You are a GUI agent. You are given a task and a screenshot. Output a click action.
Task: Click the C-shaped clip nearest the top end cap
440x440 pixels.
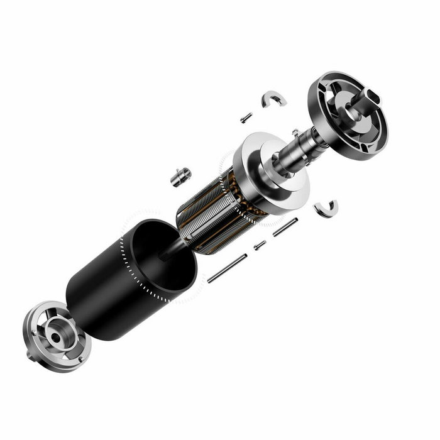tap(275, 98)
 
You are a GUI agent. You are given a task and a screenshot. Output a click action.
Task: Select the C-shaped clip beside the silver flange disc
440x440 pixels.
tap(326, 208)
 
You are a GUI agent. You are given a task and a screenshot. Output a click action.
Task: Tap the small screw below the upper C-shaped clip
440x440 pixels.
tap(246, 118)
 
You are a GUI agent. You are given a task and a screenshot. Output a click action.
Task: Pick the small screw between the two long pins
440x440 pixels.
tap(260, 245)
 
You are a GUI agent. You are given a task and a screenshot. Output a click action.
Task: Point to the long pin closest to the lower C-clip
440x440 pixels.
tap(285, 227)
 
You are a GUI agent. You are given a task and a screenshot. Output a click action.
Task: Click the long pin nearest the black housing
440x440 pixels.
tap(227, 268)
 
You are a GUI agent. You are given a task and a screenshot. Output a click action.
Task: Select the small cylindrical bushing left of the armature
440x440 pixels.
tap(181, 177)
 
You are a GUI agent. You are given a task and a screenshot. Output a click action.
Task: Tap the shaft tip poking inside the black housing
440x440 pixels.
tap(167, 254)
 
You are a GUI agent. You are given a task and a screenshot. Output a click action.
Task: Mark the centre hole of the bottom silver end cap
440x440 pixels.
tap(56, 337)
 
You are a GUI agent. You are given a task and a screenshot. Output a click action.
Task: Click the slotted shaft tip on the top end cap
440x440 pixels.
tap(370, 96)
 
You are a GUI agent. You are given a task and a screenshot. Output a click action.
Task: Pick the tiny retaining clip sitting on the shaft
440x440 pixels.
tap(295, 133)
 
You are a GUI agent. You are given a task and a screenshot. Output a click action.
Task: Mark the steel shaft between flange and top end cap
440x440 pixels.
tap(302, 147)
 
